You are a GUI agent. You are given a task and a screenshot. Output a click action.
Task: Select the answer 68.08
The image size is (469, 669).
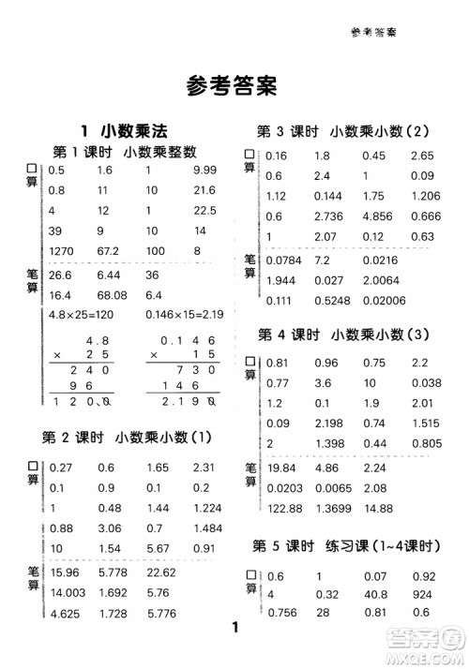click(x=111, y=294)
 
